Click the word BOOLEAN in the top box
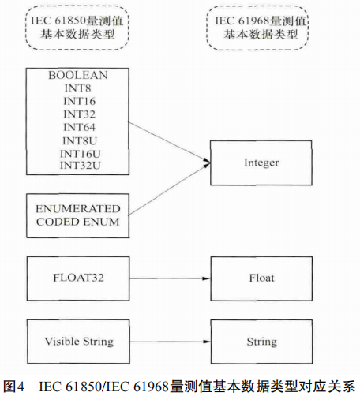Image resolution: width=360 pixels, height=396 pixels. point(77,75)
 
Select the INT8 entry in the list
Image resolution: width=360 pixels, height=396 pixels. point(77,88)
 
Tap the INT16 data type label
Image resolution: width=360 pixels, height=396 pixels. point(77,101)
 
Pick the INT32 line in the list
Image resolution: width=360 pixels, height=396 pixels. point(77,114)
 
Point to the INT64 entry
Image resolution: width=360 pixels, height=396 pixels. point(77,127)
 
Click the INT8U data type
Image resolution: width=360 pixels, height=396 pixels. point(77,140)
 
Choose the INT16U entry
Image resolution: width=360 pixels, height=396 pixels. point(77,152)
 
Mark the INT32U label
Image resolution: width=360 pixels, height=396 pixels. point(77,165)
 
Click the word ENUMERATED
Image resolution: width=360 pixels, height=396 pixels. point(77,208)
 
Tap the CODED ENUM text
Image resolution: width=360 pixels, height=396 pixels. point(77,222)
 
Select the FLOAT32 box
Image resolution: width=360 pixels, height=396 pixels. point(77,278)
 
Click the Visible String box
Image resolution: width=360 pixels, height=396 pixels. point(77,342)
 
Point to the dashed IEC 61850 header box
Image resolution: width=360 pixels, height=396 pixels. point(77,28)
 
